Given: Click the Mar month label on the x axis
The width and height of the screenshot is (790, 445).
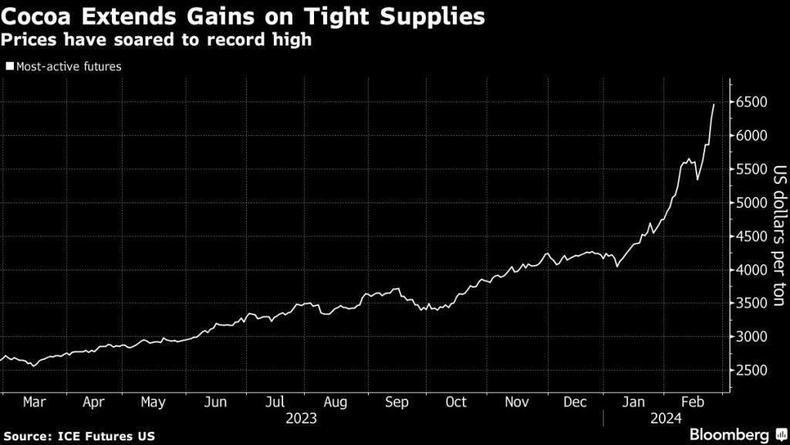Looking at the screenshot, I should click(34, 402).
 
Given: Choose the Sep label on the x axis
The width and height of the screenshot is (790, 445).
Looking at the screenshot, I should click(396, 402).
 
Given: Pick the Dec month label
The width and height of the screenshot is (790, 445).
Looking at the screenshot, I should click(575, 402).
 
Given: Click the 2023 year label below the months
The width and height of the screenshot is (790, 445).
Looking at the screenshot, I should click(301, 419).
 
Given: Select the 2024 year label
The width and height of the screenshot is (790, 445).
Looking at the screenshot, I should click(663, 419).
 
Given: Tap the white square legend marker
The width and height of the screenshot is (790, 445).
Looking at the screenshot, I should click(9, 66).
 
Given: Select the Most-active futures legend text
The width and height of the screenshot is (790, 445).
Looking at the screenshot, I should click(68, 66).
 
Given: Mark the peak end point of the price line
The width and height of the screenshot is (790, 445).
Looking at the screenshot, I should click(714, 104).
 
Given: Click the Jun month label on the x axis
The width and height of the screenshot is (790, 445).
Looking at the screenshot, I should click(215, 402).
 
